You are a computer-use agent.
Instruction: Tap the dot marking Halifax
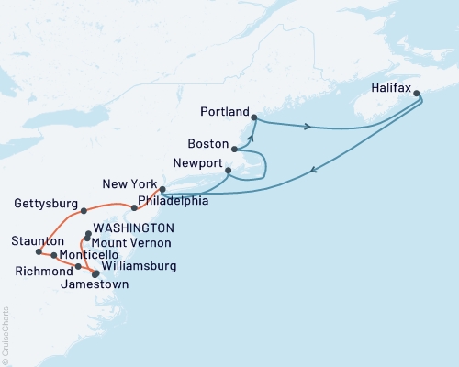point(417,93)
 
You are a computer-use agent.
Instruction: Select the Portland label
point(225,112)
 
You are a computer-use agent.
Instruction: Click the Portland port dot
point(254,117)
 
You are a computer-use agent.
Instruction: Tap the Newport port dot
point(228,170)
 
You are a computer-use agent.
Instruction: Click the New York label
point(128,184)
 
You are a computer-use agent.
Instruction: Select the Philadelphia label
point(173,200)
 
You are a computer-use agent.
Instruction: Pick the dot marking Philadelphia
point(135,207)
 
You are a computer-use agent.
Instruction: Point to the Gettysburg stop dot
point(84,211)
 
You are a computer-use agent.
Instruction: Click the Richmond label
point(43,272)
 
